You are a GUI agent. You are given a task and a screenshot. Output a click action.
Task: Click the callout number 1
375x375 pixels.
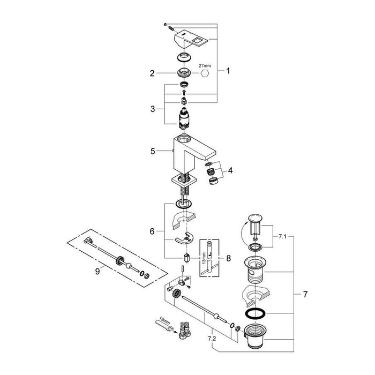[228, 71]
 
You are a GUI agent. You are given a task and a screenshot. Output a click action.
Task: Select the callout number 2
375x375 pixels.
[152, 73]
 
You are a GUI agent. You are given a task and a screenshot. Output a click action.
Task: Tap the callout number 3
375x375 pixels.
[153, 109]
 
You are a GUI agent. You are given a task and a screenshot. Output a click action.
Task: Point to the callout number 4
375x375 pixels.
[230, 170]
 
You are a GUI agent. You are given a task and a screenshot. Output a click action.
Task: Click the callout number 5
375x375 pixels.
[153, 151]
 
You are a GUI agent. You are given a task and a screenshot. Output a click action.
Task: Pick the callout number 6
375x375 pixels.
[152, 231]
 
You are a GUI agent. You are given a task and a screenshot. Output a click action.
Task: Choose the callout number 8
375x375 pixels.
[228, 258]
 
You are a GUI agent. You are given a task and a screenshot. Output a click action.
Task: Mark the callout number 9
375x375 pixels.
[97, 272]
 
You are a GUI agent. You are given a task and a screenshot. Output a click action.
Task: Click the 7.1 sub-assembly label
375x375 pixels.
[282, 237]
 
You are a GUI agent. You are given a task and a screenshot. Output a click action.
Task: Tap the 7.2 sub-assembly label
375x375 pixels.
[212, 339]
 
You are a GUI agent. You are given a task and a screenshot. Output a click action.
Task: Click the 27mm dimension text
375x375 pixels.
[205, 65]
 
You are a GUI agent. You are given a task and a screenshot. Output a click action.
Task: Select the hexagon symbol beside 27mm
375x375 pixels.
[205, 73]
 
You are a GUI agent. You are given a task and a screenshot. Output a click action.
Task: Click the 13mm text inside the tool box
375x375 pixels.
[204, 258]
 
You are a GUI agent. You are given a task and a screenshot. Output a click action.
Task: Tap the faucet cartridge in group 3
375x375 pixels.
[184, 118]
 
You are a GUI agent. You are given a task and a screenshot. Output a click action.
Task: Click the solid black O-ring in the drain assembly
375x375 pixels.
[255, 313]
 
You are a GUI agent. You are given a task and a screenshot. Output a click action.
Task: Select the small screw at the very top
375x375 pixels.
[165, 25]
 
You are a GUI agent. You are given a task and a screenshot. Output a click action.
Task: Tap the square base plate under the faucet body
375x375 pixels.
[184, 182]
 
